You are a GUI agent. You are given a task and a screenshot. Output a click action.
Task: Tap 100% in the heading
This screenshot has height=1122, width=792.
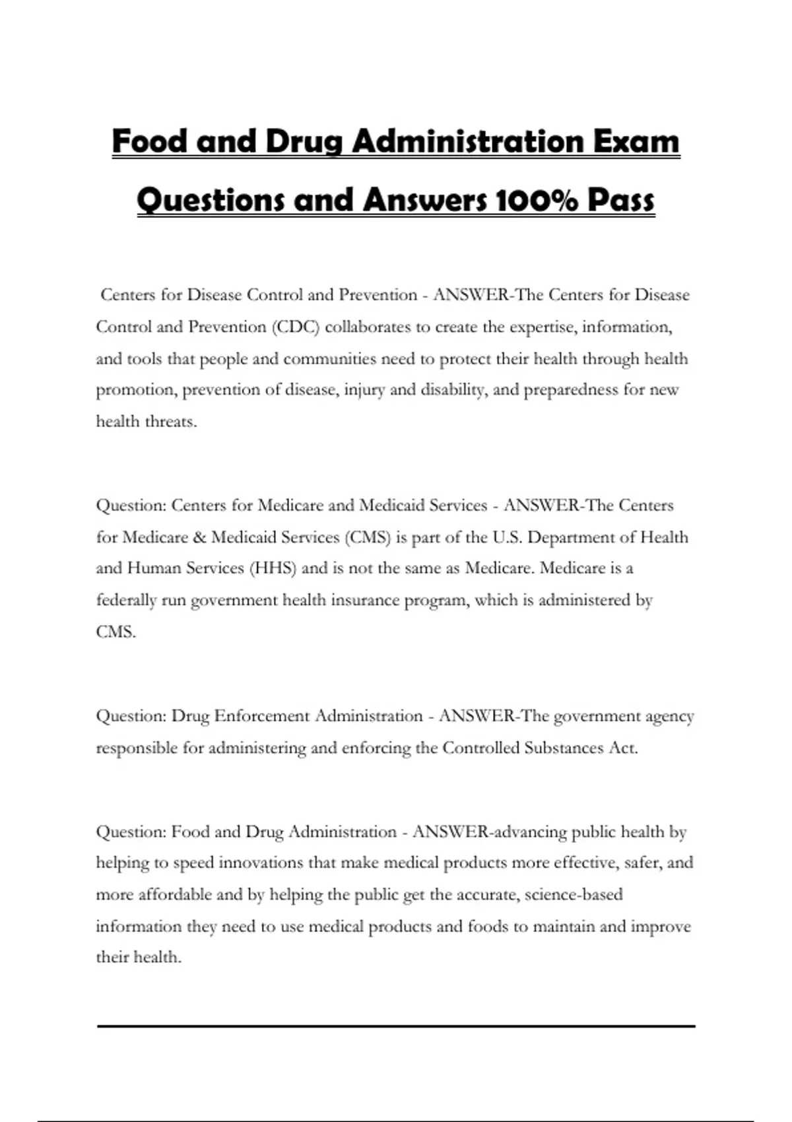535,200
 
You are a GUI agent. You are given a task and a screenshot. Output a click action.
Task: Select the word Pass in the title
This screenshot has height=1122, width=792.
621,200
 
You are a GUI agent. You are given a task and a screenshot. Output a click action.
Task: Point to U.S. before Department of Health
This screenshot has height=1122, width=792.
508,537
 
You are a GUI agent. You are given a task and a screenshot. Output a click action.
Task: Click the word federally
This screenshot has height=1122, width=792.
127,600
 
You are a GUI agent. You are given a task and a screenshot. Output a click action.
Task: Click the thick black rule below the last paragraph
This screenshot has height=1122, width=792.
396,1026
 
